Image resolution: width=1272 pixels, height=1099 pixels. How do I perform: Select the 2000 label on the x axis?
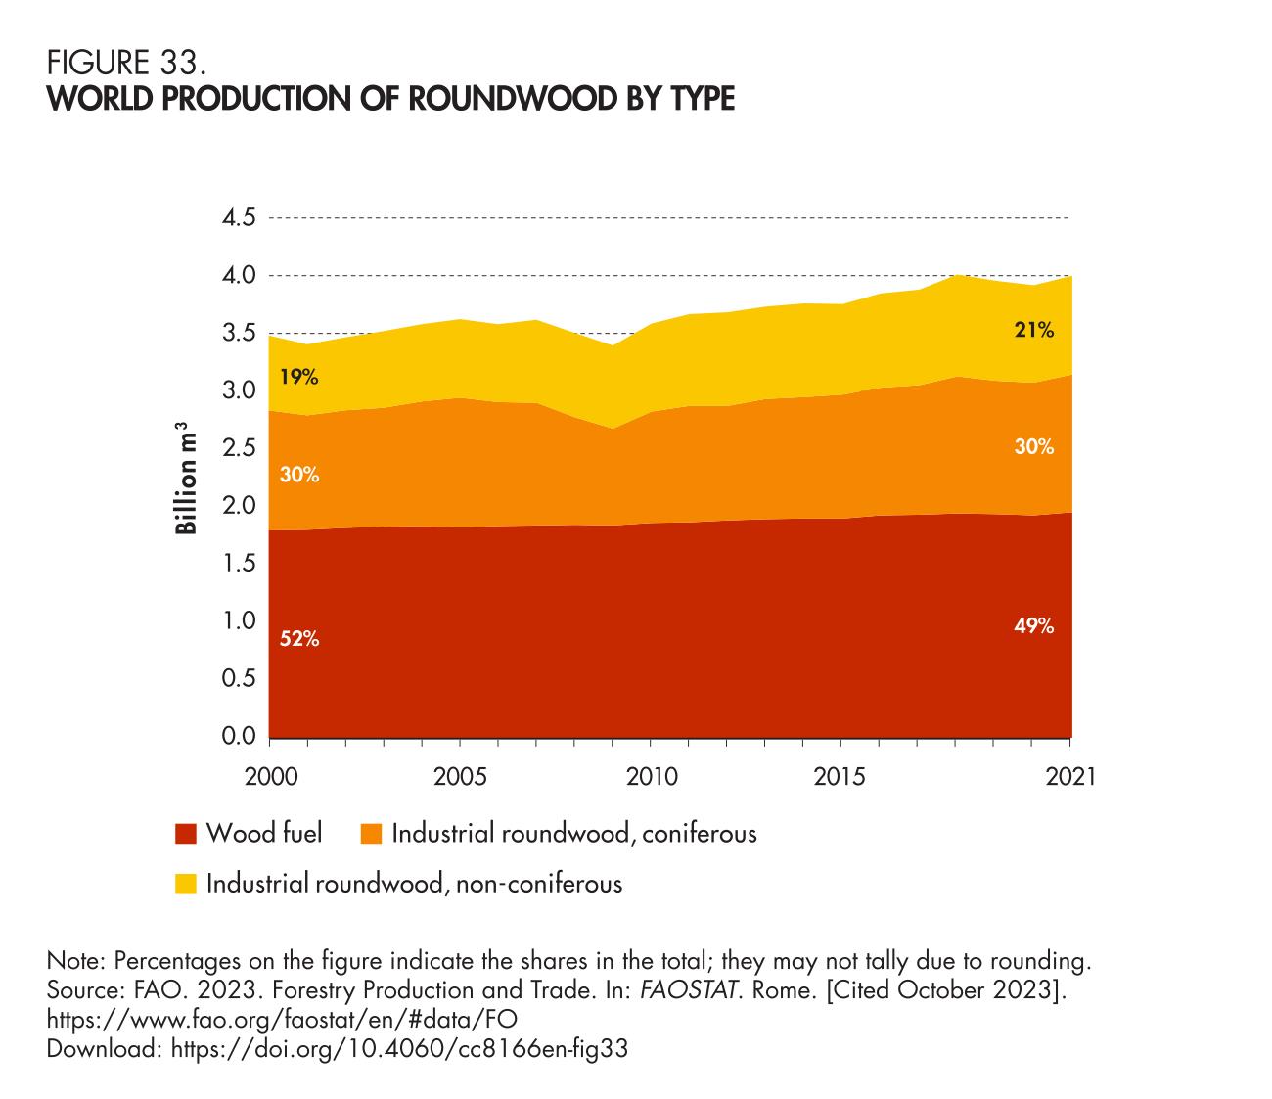pyautogui.click(x=270, y=777)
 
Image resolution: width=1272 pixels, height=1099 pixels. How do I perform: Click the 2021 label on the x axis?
pyautogui.click(x=1071, y=777)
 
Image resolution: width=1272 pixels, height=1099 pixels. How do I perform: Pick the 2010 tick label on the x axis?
pyautogui.click(x=651, y=777)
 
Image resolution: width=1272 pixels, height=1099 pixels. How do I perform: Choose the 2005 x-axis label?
pyautogui.click(x=460, y=777)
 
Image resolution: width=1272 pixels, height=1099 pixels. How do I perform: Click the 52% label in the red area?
pyautogui.click(x=300, y=640)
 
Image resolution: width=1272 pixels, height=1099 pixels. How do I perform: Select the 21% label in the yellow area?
pyautogui.click(x=1034, y=331)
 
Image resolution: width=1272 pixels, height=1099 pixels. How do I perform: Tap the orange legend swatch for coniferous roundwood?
pyautogui.click(x=372, y=835)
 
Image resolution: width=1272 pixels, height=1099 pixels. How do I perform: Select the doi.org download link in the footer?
pyautogui.click(x=398, y=1049)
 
